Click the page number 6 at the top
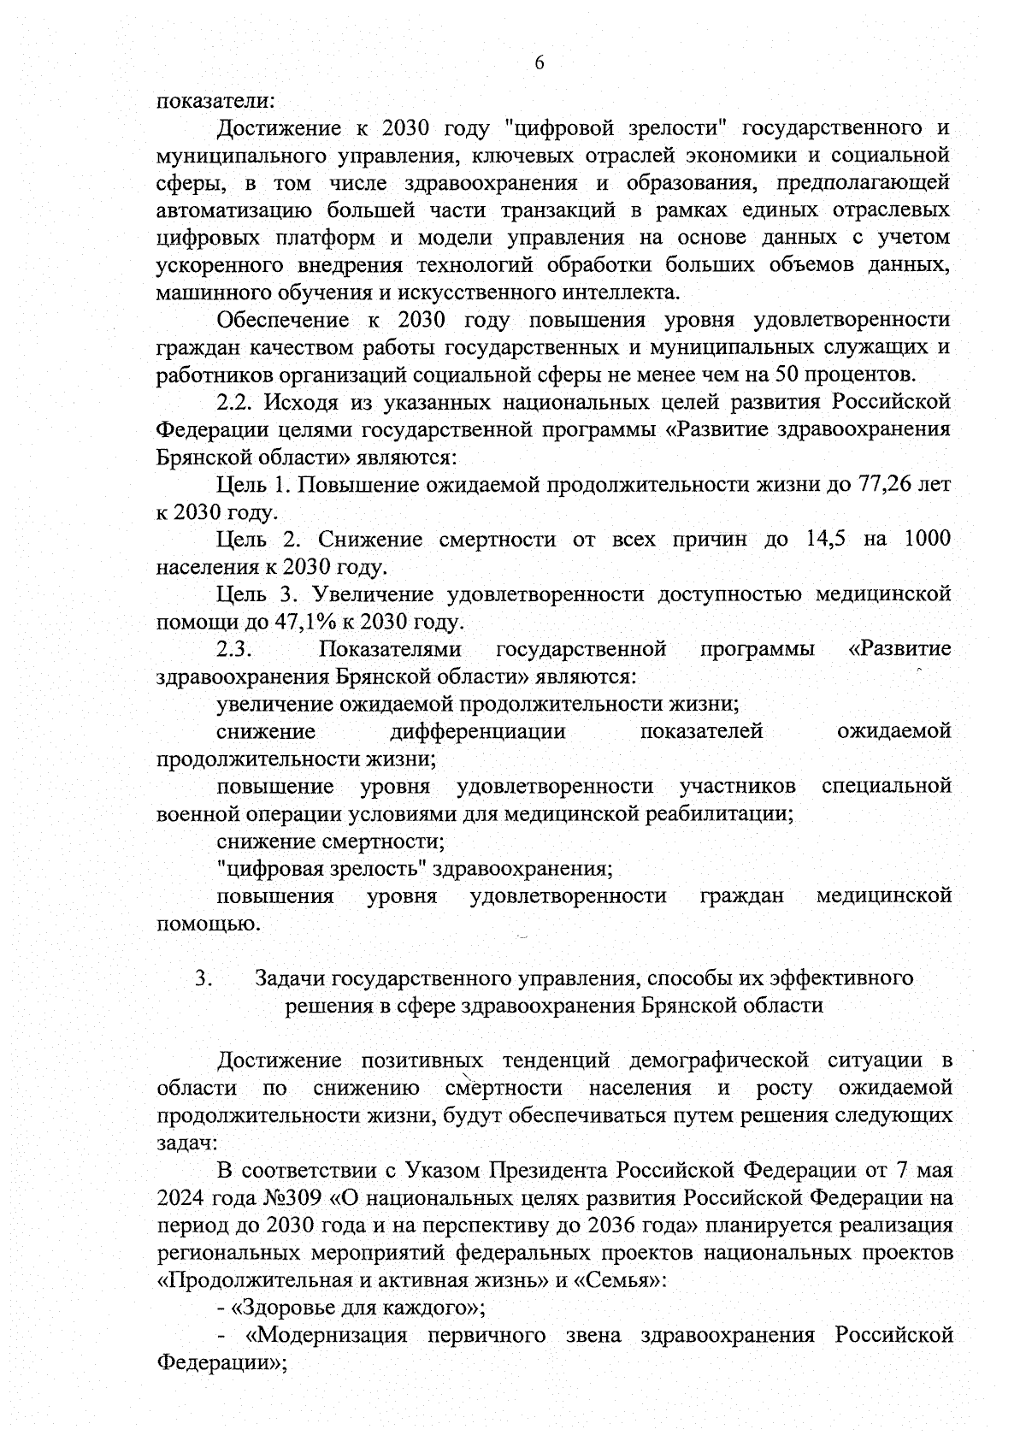pos(539,62)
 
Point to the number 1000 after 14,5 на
pos(926,540)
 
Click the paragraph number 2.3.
pos(233,649)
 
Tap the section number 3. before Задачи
pos(203,977)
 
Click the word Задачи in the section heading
pos(291,977)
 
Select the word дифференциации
pos(477,731)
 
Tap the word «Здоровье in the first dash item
pos(278,1308)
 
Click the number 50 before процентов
pos(790,375)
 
